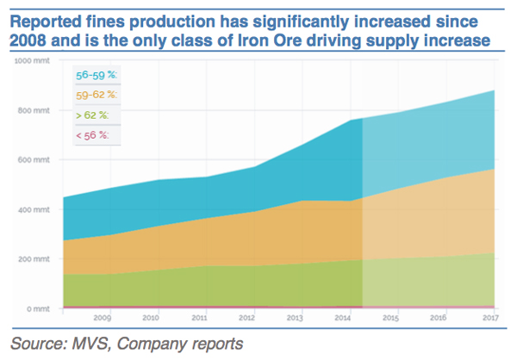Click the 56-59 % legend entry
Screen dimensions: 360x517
pyautogui.click(x=97, y=75)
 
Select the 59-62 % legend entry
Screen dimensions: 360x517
pyautogui.click(x=97, y=94)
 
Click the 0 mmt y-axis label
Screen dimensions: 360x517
pyautogui.click(x=40, y=308)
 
